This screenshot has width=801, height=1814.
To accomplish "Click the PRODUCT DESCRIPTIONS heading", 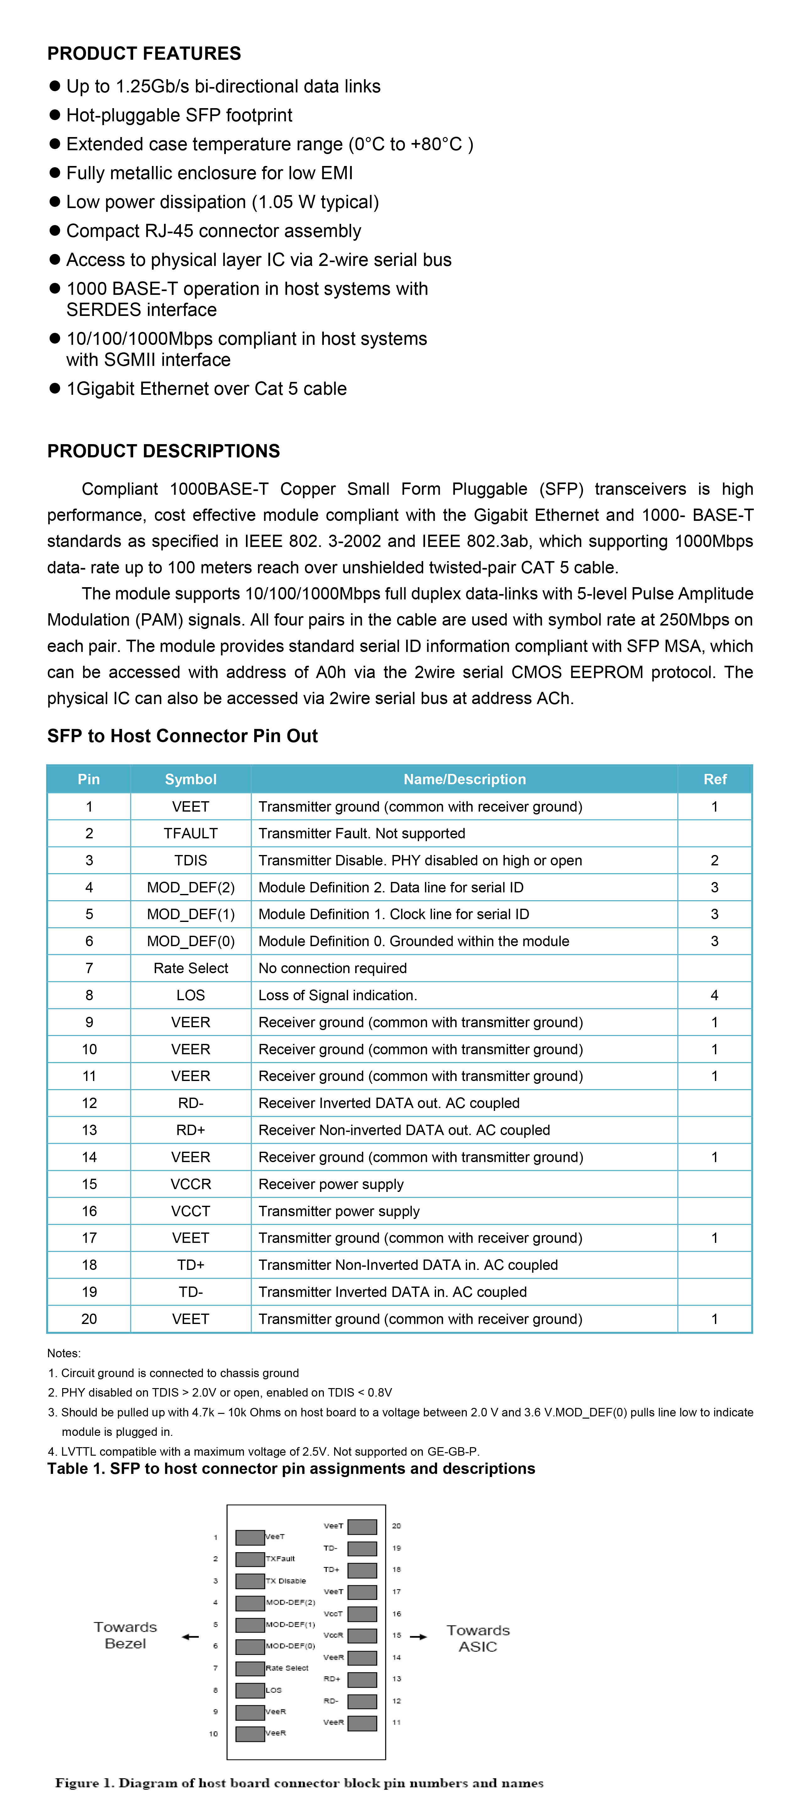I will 163,451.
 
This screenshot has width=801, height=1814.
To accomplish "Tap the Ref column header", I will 714,779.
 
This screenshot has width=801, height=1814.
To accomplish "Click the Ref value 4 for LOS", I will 714,995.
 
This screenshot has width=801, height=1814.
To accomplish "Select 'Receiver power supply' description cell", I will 331,1184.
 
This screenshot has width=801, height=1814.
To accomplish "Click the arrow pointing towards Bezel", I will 190,1636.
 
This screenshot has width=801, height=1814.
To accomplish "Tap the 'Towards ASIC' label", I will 478,1638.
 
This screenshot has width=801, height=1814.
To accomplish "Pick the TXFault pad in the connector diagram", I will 250,1559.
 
